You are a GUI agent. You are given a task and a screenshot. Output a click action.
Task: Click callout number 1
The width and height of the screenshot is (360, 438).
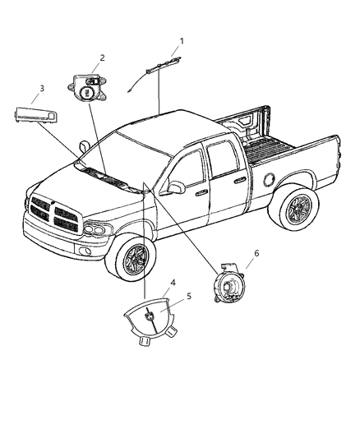182,40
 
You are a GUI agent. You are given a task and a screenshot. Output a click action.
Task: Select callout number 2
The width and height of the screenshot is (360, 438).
103,58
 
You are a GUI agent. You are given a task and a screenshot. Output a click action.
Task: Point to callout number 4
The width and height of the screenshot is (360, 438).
172,283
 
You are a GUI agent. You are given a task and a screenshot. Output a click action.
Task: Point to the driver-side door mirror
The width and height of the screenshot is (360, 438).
174,188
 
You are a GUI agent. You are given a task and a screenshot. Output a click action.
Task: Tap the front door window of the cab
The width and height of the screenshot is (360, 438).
190,168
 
